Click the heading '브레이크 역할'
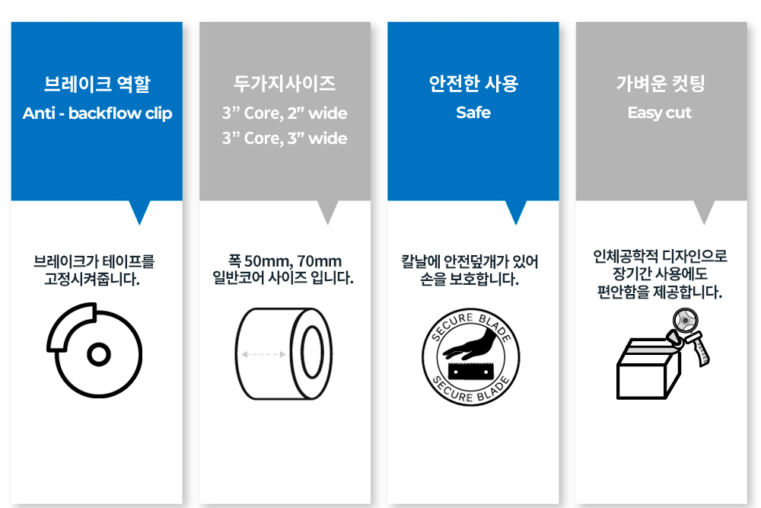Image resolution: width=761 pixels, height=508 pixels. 97,84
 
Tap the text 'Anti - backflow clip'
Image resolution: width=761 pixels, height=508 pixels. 97,113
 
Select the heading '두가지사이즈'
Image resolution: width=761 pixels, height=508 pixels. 285,84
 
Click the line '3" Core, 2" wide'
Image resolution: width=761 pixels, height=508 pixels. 285,113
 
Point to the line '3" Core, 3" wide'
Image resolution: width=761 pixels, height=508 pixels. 285,139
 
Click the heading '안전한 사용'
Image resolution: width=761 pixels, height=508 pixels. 473,84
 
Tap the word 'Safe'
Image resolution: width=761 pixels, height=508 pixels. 473,113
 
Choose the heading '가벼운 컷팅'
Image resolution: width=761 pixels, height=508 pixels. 661,84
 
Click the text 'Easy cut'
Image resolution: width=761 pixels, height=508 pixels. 660,113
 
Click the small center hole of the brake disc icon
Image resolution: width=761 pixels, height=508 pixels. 97,354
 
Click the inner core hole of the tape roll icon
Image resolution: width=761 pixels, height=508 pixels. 312,354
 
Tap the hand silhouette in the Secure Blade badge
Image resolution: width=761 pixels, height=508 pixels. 471,346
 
